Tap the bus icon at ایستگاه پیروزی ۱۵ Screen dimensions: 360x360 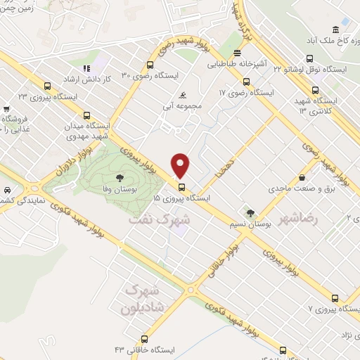point(182,187)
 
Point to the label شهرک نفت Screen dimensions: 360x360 point(160,219)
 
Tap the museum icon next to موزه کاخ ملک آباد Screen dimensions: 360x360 point(336,30)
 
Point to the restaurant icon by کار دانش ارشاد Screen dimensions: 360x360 point(86,68)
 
